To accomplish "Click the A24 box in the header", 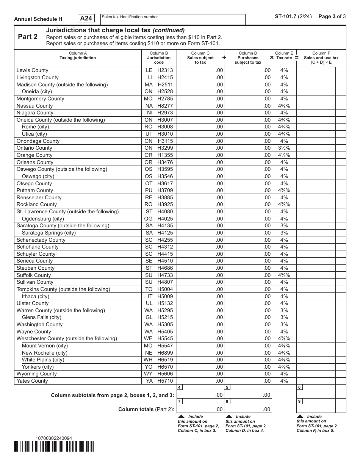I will (86, 18).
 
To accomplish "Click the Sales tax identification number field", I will (173, 19).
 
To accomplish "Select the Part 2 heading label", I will (28, 37).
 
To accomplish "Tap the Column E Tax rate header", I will (284, 56).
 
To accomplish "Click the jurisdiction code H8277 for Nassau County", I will (165, 106).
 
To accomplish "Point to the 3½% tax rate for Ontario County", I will (284, 148).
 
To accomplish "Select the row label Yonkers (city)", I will (38, 367).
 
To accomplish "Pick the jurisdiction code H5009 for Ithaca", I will (165, 296).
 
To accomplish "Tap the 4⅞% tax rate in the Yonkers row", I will (284, 367).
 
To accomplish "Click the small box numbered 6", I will (300, 388).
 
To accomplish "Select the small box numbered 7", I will (180, 401).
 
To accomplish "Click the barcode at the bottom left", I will (54, 447).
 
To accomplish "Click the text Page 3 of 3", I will (332, 16).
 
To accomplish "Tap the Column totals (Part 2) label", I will (146, 409).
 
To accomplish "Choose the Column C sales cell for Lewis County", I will (200, 70).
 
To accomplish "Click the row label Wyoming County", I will (36, 374).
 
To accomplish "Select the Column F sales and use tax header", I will (321, 58).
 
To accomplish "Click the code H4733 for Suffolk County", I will (165, 275).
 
